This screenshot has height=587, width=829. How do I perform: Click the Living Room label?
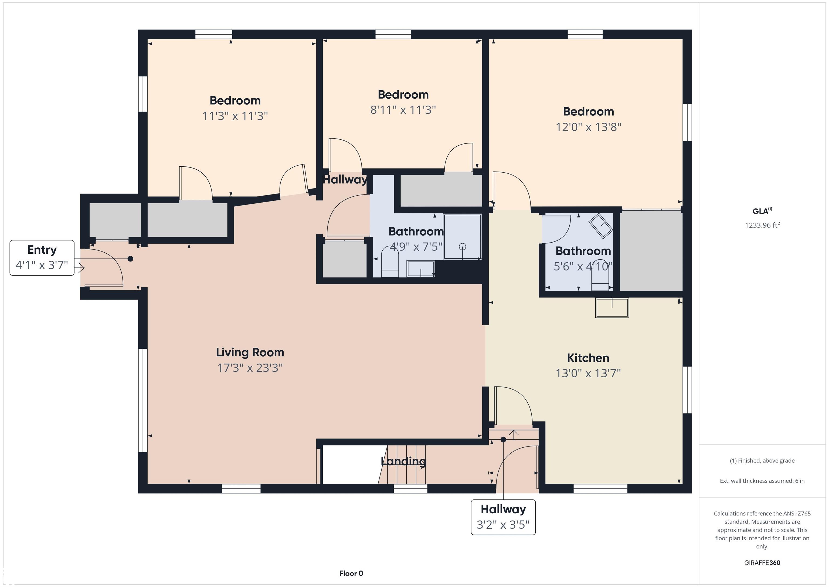[250, 353]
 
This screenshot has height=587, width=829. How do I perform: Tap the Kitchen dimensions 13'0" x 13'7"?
[588, 373]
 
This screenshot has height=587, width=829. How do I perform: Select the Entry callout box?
[42, 258]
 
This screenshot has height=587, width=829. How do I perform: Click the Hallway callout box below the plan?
[503, 517]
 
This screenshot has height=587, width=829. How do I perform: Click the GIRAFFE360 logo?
[762, 562]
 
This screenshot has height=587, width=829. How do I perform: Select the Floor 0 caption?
[351, 573]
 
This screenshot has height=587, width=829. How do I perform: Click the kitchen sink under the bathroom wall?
[612, 308]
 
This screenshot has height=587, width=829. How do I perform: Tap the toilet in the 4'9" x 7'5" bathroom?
[390, 261]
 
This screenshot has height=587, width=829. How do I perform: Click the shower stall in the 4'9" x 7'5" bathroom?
[462, 237]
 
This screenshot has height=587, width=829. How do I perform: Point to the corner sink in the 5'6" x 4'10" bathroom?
[601, 226]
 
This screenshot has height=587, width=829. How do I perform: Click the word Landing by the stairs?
[403, 461]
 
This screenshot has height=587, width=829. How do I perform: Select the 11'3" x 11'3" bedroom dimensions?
[235, 116]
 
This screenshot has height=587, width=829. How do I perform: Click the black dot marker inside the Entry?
[130, 259]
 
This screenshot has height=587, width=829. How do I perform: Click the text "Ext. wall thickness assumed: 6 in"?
[762, 481]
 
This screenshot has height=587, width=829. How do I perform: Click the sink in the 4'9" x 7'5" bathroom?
[421, 269]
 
